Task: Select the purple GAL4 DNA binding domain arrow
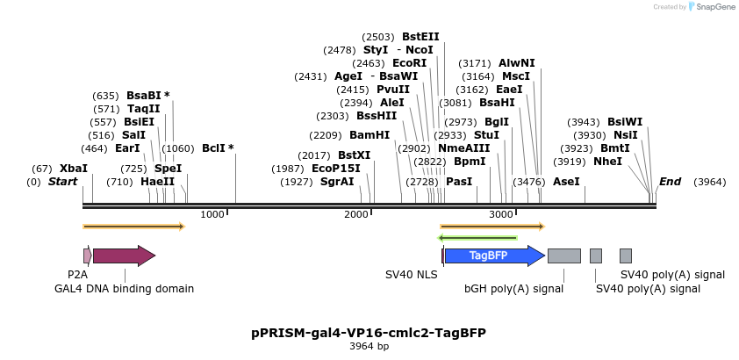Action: click(123, 256)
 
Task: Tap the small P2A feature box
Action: click(87, 256)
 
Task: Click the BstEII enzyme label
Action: click(420, 37)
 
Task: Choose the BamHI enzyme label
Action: click(369, 135)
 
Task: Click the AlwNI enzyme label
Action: click(516, 63)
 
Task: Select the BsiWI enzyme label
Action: click(625, 122)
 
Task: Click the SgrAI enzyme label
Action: click(337, 182)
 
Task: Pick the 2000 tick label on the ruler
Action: click(355, 214)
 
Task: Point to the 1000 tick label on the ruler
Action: click(212, 214)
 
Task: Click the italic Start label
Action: click(62, 182)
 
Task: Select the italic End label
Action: click(670, 182)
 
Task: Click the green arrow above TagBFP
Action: click(477, 237)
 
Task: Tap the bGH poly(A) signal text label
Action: click(513, 288)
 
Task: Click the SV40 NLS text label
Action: click(411, 275)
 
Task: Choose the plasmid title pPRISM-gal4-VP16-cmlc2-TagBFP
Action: click(369, 333)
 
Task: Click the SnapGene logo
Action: click(710, 7)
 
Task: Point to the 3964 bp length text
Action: click(369, 347)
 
